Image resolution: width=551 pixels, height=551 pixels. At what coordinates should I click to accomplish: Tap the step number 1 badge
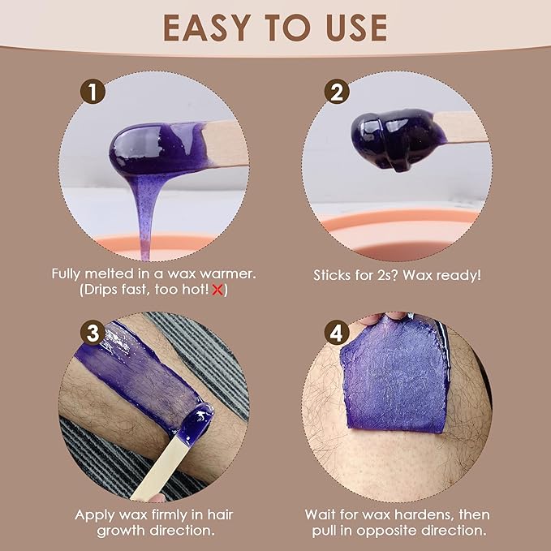click(97, 92)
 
